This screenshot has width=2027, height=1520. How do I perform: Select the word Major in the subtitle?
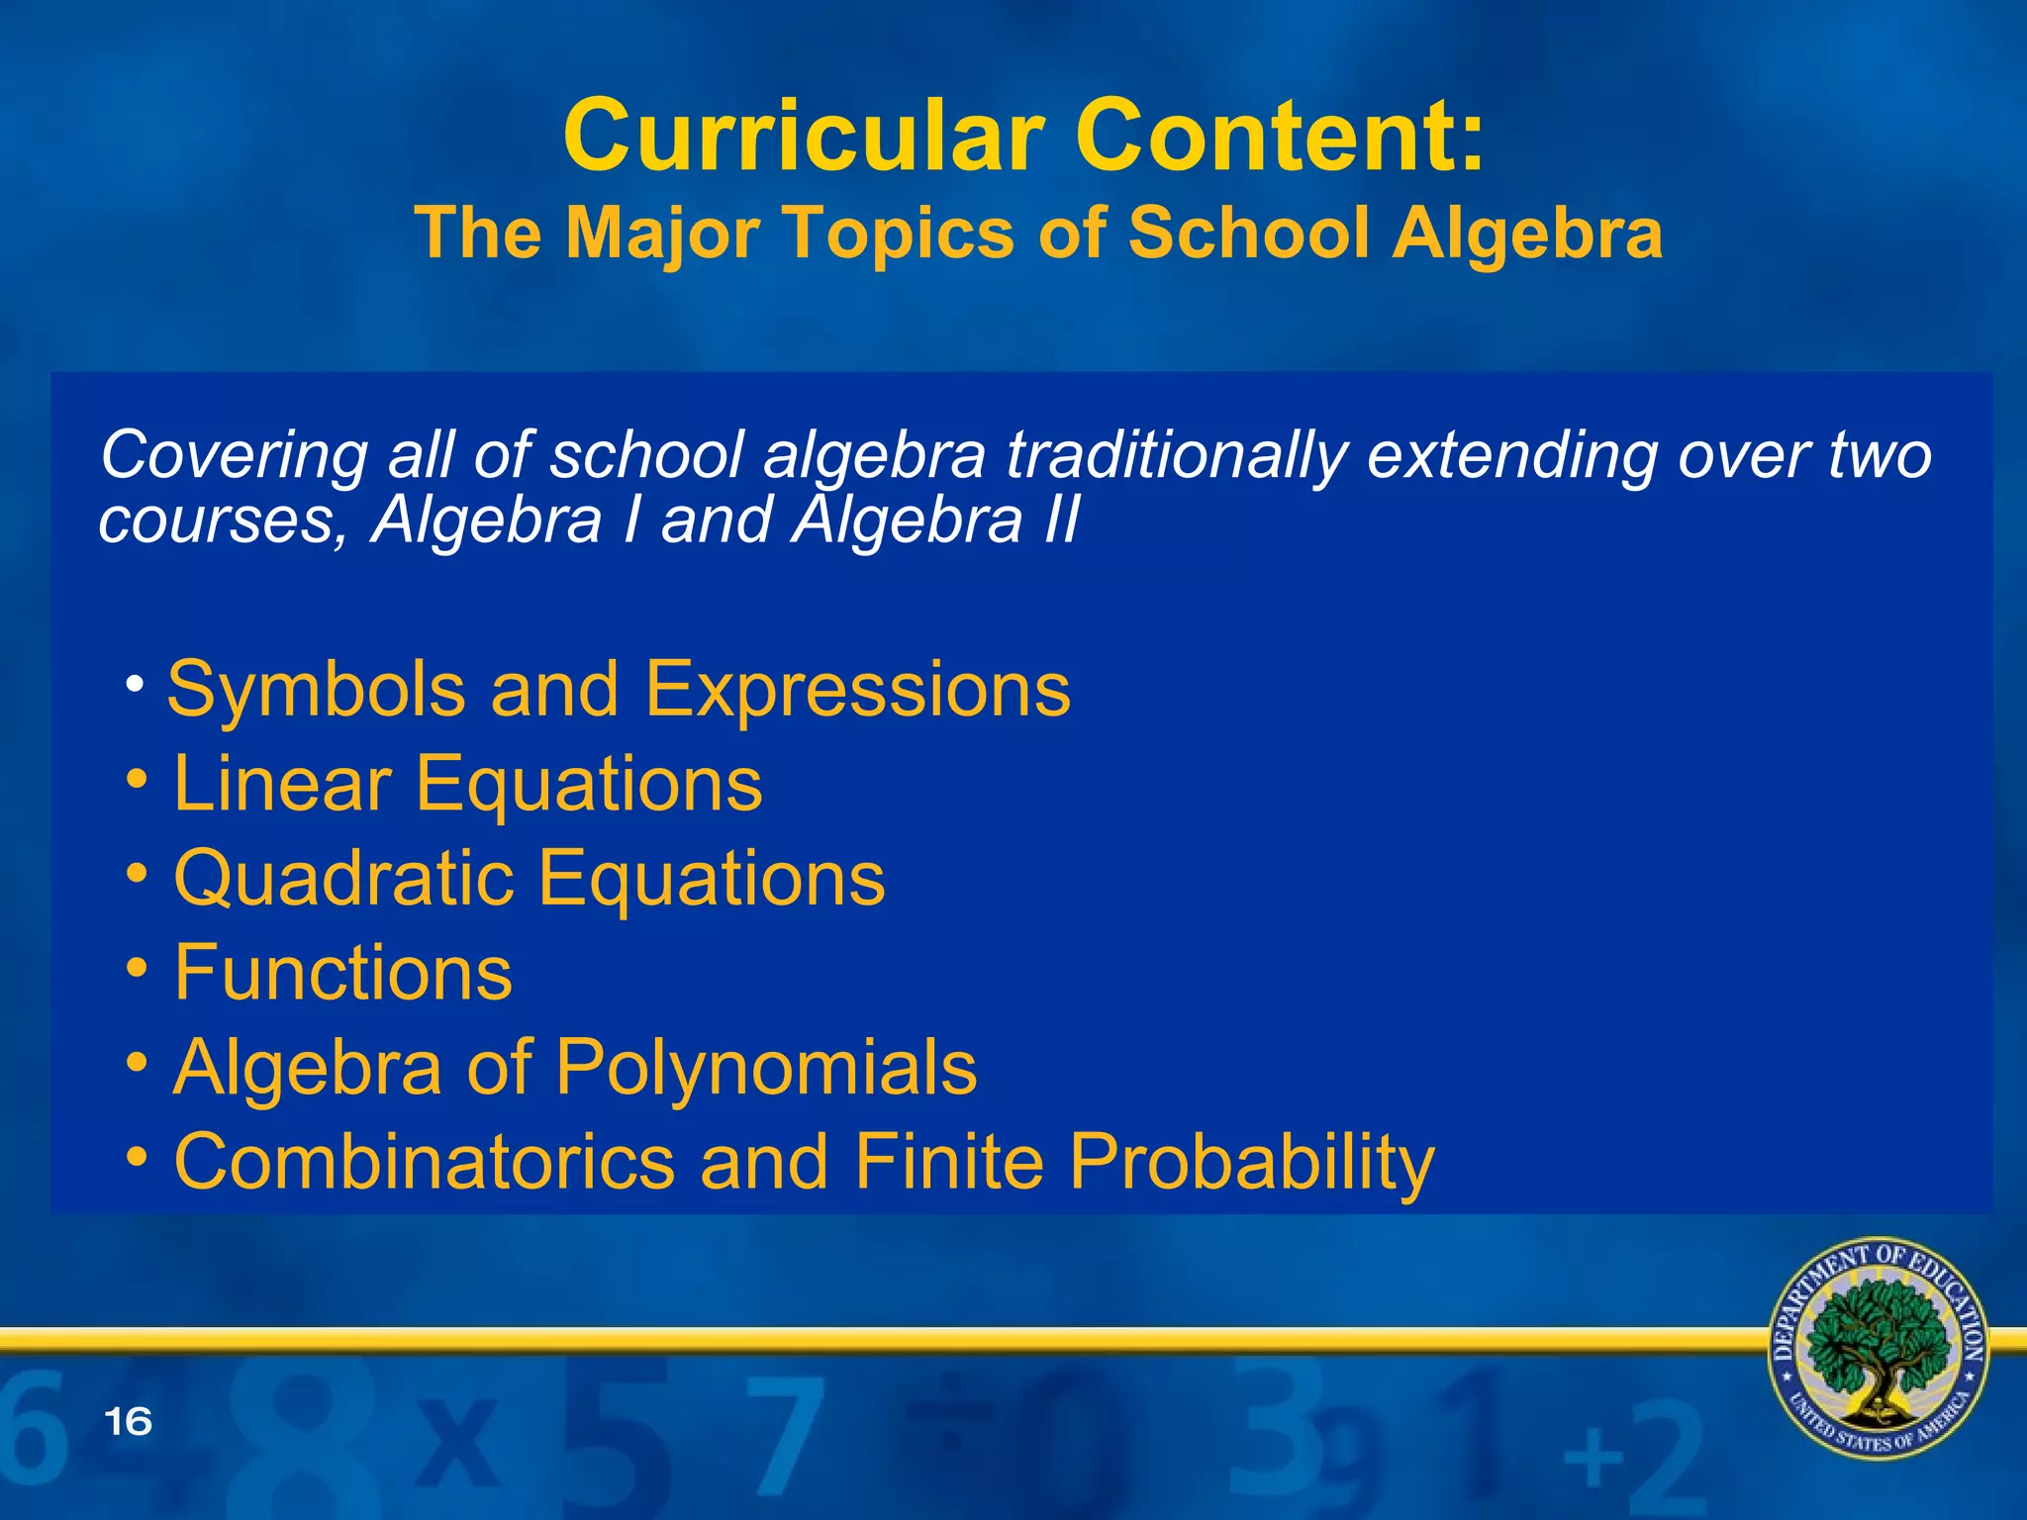coord(662,235)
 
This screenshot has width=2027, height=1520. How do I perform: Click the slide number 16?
coord(128,1422)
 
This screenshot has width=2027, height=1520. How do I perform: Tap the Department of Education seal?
coord(1878,1348)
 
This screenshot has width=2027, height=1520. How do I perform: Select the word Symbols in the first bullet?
coord(317,690)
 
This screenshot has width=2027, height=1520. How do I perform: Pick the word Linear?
coord(283,784)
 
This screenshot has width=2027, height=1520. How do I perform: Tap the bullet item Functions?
coord(342,973)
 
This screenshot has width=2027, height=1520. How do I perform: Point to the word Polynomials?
coord(766,1069)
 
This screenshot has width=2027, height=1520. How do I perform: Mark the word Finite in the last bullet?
coord(948,1162)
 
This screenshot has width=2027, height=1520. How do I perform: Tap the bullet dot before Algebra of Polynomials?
coord(139,1063)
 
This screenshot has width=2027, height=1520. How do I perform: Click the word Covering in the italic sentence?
coord(234,456)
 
